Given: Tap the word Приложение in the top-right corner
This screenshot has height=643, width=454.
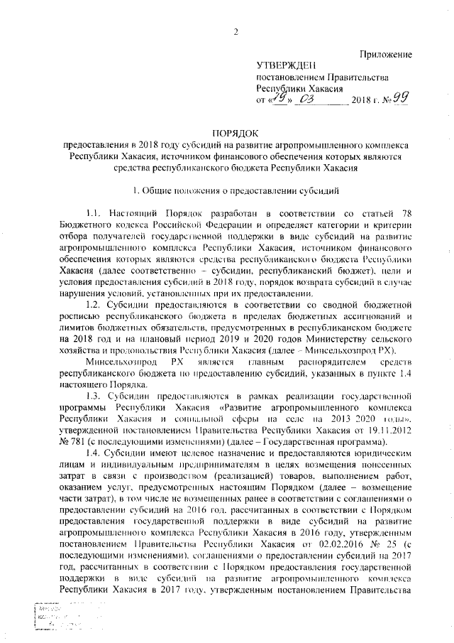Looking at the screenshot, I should (387, 55).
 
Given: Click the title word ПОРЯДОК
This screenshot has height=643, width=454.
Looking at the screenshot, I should (236, 133).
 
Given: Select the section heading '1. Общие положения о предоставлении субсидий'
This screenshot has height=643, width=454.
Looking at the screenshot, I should (236, 190).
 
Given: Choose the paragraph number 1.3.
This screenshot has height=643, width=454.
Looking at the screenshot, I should (95, 389).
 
